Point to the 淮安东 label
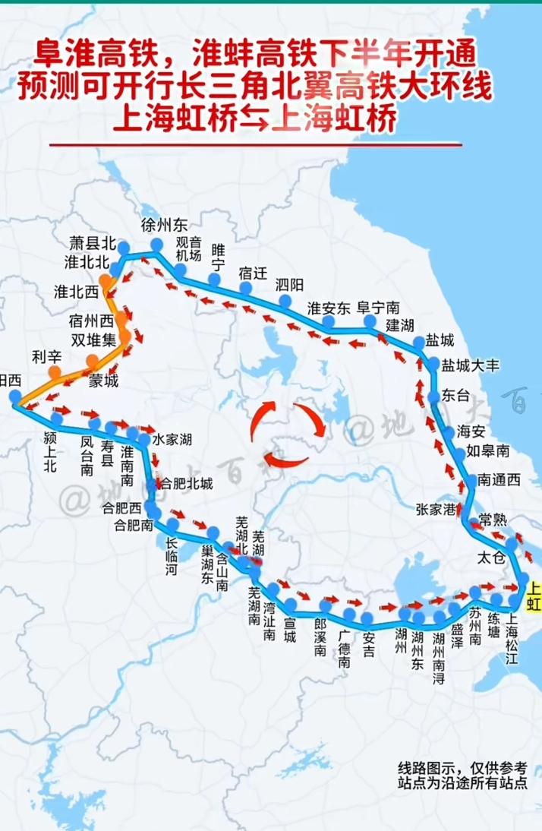(329, 308)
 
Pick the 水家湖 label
(172, 439)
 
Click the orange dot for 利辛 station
(55, 371)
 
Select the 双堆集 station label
(94, 339)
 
